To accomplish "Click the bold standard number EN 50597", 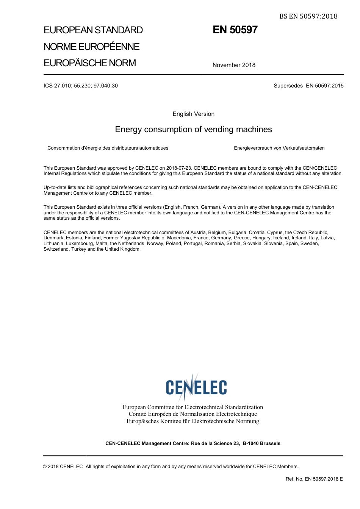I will coord(235,30).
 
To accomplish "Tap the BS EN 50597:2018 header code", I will coord(308,16).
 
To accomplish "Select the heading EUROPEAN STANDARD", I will coord(93,30).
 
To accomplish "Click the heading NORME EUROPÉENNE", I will coord(91,47).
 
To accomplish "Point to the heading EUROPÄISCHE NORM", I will coord(89,63).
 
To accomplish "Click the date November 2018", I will coord(234,65).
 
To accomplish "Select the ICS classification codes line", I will coord(81,86).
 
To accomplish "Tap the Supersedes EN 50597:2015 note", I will coord(308,86).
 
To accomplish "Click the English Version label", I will coord(193,114).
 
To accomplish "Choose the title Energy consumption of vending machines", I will coord(193,130).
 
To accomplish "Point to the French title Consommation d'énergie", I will coord(108,148).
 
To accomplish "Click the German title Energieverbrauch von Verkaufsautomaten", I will coord(279,148).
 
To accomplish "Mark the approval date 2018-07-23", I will coord(178,168).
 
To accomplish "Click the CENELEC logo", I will coord(196,387).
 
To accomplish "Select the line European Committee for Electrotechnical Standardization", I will coord(193,407).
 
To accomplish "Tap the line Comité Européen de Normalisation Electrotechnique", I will coord(193,414).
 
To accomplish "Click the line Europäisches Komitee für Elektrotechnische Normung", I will coord(193,421).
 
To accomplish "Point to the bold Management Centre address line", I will coord(193,443).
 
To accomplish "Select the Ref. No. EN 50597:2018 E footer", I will coord(314,479).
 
